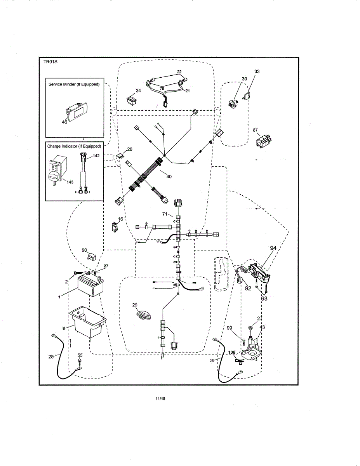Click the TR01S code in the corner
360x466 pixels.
click(50, 62)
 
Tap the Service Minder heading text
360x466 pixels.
click(74, 84)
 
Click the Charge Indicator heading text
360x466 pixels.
click(74, 146)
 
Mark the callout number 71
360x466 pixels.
click(165, 214)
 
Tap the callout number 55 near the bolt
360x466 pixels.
click(80, 355)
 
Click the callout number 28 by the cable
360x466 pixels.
click(51, 357)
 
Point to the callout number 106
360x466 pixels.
click(232, 353)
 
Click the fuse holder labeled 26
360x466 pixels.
click(120, 155)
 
